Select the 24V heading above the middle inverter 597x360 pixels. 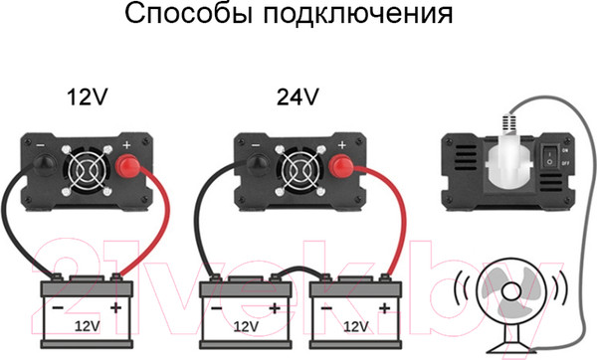click(x=298, y=97)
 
